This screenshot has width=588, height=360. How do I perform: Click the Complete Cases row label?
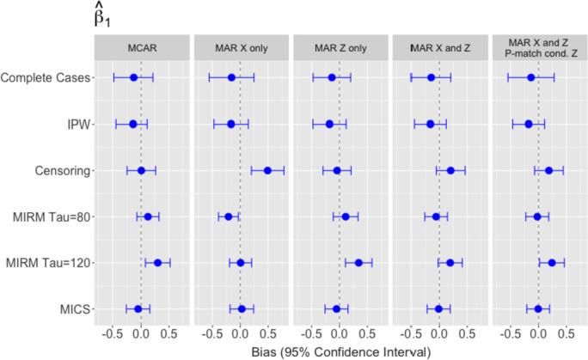click(46, 78)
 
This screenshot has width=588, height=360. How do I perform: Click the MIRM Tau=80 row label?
click(51, 217)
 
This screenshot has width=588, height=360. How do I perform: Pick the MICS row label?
click(75, 308)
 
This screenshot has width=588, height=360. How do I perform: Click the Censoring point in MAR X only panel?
click(267, 170)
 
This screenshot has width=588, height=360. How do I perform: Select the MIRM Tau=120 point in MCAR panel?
click(157, 263)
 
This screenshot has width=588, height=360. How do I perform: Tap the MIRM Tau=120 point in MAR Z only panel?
click(358, 263)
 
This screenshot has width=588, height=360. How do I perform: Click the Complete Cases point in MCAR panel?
click(133, 78)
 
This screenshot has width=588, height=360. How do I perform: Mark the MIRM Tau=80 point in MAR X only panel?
click(229, 217)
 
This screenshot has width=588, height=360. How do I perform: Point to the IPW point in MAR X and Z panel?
click(431, 125)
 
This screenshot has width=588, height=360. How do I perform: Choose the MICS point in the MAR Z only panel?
click(336, 308)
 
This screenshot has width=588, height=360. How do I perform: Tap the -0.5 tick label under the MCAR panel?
click(112, 332)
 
